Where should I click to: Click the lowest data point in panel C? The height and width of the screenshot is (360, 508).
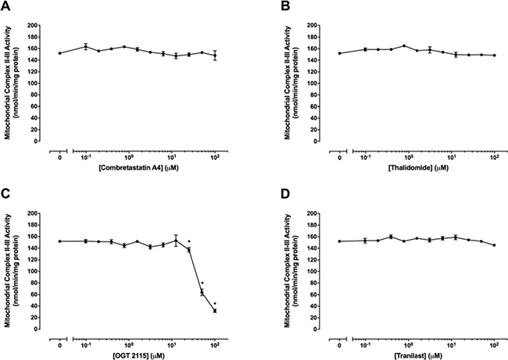[214, 311]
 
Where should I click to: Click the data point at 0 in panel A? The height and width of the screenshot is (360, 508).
[60, 53]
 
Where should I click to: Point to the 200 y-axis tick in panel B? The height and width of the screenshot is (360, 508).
[327, 25]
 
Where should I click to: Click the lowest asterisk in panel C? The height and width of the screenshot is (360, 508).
[214, 304]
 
